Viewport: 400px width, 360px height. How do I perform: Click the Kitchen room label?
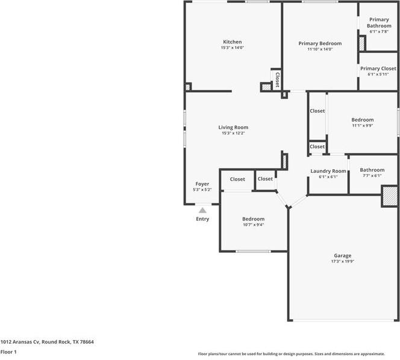click(233, 42)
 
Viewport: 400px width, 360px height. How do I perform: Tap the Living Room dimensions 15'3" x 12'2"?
click(233, 133)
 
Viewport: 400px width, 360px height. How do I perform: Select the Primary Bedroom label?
click(320, 43)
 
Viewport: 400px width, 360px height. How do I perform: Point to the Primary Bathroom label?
click(379, 23)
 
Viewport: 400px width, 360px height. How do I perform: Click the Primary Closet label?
click(378, 69)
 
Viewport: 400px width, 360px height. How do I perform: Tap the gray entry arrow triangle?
click(202, 210)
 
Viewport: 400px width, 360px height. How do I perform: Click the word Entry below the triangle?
click(202, 219)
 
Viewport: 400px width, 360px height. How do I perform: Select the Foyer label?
click(202, 184)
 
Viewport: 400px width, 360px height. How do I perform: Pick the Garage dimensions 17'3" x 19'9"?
click(343, 261)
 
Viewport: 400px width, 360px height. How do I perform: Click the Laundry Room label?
click(328, 171)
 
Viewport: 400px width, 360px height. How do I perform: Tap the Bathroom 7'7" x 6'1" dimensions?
click(372, 176)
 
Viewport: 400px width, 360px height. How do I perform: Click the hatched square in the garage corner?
click(390, 196)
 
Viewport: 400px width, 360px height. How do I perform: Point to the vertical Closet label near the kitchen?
click(277, 79)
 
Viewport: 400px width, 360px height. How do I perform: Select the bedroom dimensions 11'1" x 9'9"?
click(363, 125)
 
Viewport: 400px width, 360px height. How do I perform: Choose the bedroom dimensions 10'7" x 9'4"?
click(254, 225)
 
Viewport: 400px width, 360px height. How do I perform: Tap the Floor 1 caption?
click(8, 352)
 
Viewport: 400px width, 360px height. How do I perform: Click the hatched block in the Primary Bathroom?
click(362, 43)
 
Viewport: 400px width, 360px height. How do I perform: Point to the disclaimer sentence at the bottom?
click(292, 354)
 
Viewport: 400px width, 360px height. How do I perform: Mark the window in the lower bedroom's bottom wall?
click(253, 252)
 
